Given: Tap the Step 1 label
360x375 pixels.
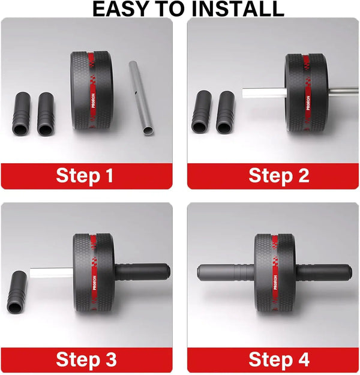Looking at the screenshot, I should pyautogui.click(x=84, y=176).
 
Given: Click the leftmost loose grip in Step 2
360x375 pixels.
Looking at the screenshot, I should pyautogui.click(x=201, y=112).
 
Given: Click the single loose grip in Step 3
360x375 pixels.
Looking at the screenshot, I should pyautogui.click(x=17, y=292).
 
